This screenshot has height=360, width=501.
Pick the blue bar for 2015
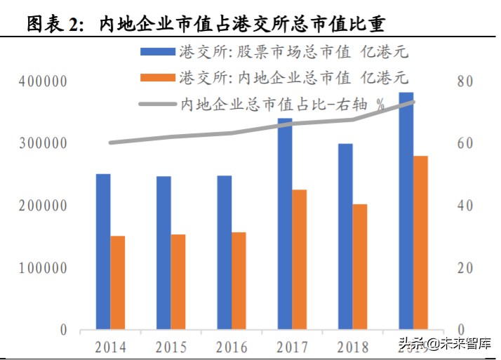[163, 253]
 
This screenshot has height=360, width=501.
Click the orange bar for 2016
[239, 281]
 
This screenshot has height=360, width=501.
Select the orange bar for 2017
[299, 259]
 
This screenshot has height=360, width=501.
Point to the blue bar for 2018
[345, 236]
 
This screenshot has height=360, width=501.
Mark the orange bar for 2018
[360, 267]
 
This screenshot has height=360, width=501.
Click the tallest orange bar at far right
[420, 242]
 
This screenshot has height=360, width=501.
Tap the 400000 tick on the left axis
[43, 82]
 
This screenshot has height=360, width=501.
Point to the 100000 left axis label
[43, 269]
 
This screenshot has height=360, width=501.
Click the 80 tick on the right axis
[467, 82]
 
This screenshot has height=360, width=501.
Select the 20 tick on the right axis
[467, 269]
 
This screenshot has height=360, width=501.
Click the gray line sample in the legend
[158, 103]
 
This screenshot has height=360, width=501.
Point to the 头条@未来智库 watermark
[445, 344]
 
